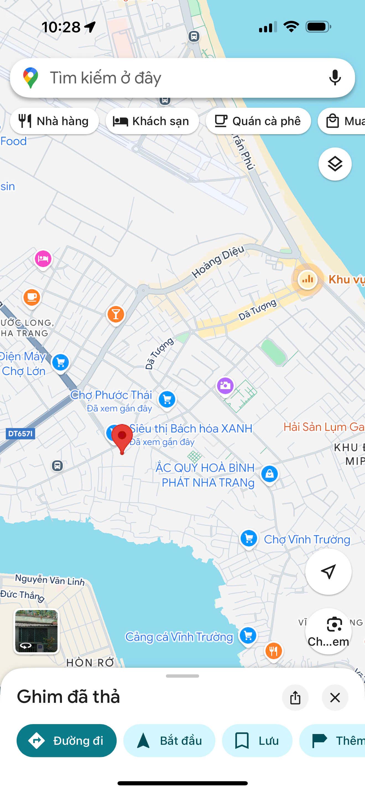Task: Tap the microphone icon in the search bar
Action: pos(335,78)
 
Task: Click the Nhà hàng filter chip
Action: pos(54,121)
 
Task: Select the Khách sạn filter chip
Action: pos(152,121)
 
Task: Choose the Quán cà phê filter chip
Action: pos(258,121)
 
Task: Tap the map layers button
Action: pos(335,164)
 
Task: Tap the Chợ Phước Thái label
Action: pos(111,395)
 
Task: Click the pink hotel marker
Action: pos(43,259)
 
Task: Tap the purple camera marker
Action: pos(225,386)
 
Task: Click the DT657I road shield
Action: pos(20,434)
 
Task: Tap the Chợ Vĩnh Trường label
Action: pos(307,539)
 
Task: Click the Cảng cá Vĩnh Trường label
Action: pos(179,637)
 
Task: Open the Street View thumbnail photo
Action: pos(36,631)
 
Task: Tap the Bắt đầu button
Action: pos(169,740)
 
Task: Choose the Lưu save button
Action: pos(257,740)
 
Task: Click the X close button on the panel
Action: pos(335,698)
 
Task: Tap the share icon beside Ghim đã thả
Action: pos(295,698)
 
